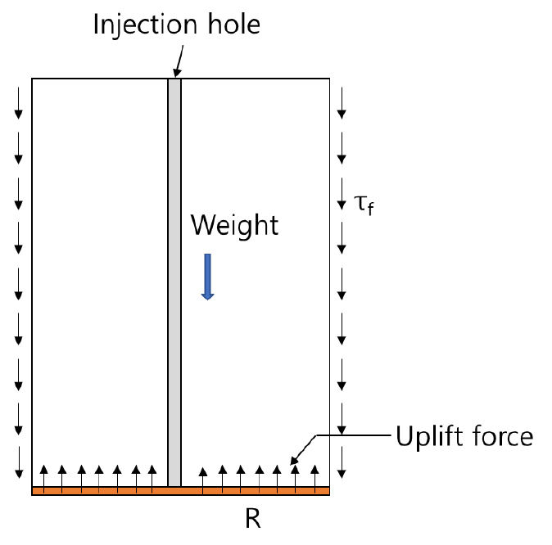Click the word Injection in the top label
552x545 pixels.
point(146,25)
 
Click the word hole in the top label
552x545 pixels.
point(234,24)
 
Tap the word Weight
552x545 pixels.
point(234,226)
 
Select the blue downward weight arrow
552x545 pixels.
point(208,277)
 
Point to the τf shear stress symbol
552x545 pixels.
point(364,205)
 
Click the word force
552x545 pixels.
point(503,436)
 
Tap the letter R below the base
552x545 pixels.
point(253,519)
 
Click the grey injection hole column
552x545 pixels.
point(174,282)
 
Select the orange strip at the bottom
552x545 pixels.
point(181,491)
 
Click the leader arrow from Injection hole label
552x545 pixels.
point(179,61)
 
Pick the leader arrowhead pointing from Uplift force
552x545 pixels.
point(294,460)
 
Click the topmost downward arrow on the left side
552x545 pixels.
point(18,103)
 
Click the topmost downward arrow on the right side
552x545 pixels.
point(342,103)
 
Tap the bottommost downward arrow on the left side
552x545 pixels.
point(19,462)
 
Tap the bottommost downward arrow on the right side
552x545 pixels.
point(342,462)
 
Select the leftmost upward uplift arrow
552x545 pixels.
point(43,480)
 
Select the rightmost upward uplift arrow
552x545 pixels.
point(314,480)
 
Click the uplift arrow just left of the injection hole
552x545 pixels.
point(152,480)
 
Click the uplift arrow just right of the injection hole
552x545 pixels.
point(203,480)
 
